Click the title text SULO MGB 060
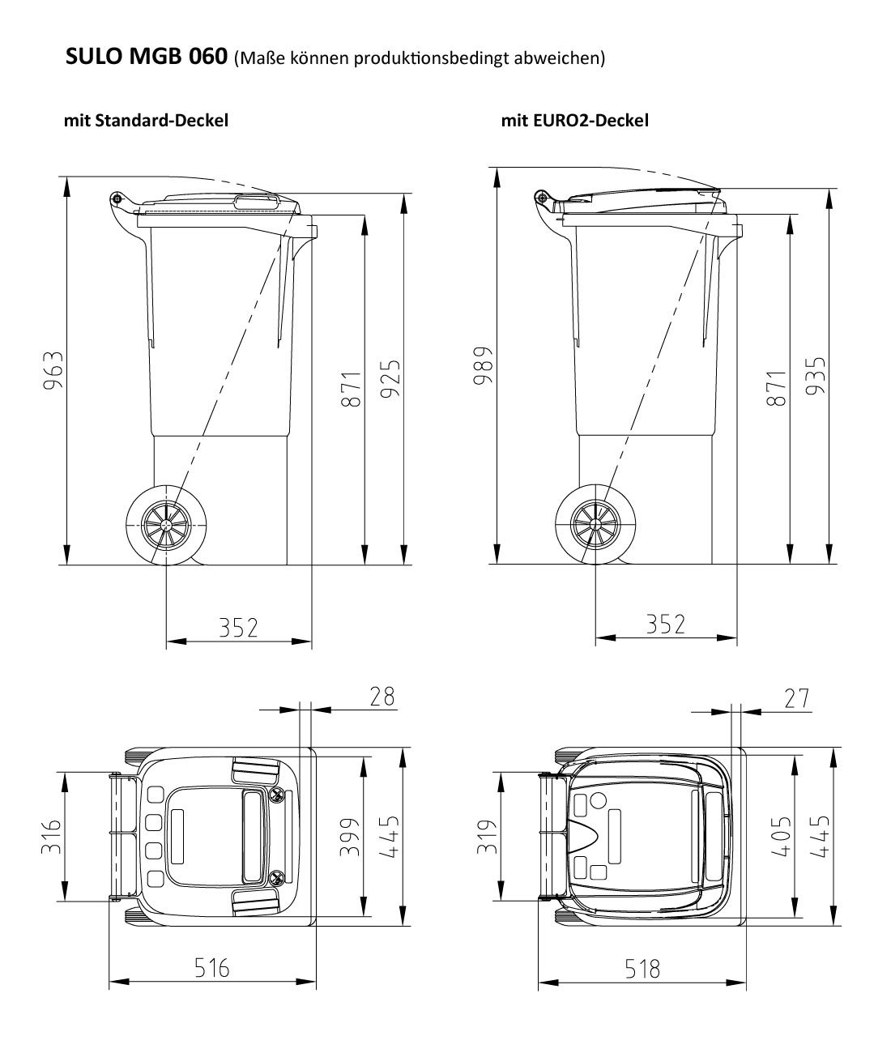point(147,56)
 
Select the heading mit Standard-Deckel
point(147,121)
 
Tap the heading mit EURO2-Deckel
point(574,121)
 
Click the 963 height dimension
point(53,370)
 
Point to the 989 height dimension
point(483,365)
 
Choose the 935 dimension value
point(816,376)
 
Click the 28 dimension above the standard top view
point(382,697)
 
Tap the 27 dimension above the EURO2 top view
point(796,698)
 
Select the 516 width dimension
point(212,968)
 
